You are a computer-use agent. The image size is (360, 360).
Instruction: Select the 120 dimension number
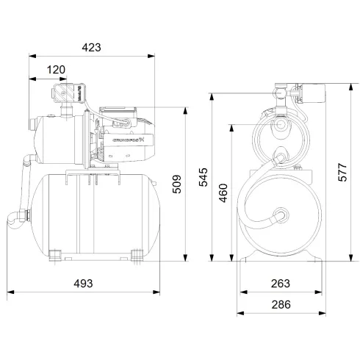click(x=56, y=70)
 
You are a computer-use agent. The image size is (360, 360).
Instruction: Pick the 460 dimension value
click(x=224, y=192)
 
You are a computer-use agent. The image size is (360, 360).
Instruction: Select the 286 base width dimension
click(x=280, y=304)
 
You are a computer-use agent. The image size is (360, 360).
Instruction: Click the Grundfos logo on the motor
click(x=127, y=137)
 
